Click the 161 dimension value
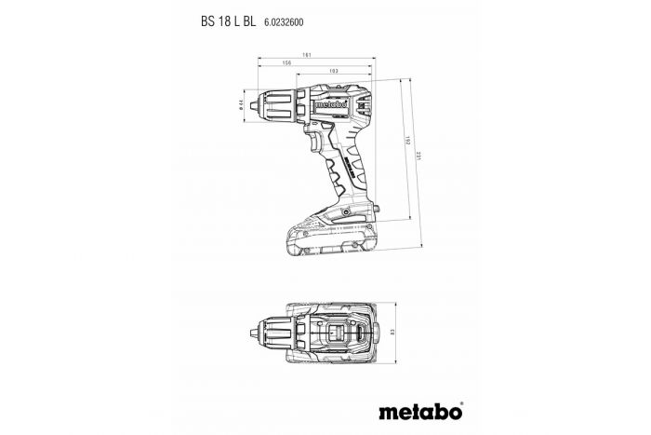[x=318, y=55]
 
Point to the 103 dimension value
[x=333, y=72]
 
